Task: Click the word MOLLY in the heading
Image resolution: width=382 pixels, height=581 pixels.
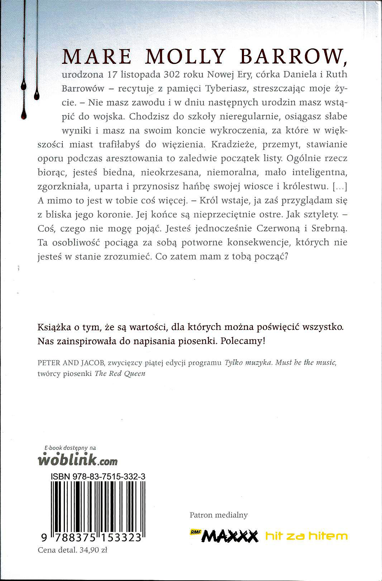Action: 185,56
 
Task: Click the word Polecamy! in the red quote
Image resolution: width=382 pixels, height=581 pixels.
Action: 243,341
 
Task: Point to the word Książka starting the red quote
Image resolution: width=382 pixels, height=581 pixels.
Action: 54,327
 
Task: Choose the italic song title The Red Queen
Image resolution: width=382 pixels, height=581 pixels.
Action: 120,374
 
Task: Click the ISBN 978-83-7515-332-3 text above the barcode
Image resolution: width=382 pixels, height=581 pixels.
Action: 98,477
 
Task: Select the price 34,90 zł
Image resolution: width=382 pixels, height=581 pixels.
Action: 94,550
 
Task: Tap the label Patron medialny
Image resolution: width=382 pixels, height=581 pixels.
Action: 219,515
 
